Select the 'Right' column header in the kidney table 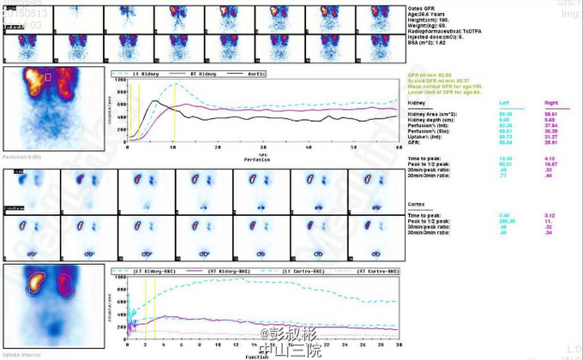click(x=551, y=100)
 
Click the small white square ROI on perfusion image click(x=48, y=78)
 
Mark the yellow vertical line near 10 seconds click(x=174, y=111)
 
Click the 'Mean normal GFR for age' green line click(x=446, y=87)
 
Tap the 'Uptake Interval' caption click(x=21, y=355)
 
